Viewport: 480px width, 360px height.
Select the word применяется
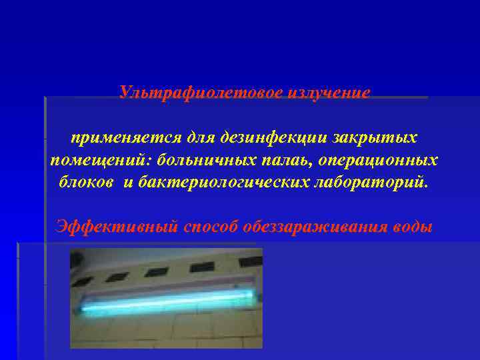117,138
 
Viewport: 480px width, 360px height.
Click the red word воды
413,226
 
